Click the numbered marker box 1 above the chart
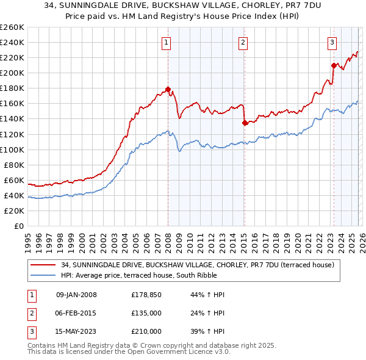pyautogui.click(x=167, y=42)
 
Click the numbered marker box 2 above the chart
pyautogui.click(x=243, y=42)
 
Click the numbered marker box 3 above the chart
pyautogui.click(x=332, y=42)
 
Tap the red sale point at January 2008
pyautogui.click(x=168, y=89)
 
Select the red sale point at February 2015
pyautogui.click(x=244, y=123)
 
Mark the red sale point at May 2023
pyautogui.click(x=333, y=65)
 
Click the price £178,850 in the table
pyautogui.click(x=146, y=295)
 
